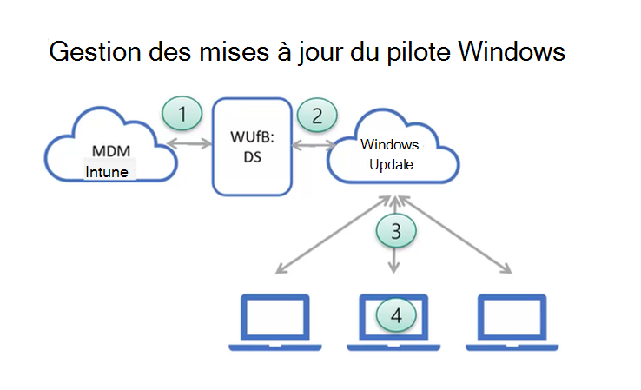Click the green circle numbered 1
coord(182,113)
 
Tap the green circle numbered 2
coord(316,114)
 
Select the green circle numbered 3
coord(396,230)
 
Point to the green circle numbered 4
coord(396,314)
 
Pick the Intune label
coord(107,172)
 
